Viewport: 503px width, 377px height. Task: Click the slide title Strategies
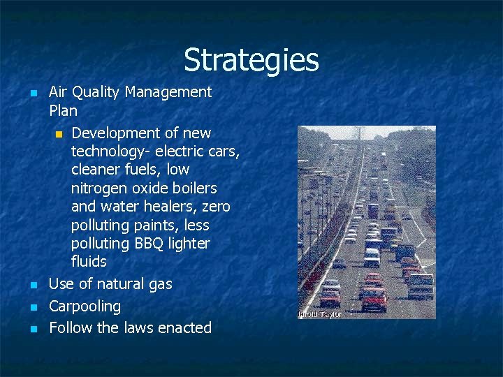[x=251, y=60]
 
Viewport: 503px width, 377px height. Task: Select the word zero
[x=215, y=207]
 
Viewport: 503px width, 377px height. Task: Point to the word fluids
[x=89, y=262]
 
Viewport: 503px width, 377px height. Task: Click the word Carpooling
[x=85, y=306]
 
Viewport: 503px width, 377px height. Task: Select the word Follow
[x=68, y=327]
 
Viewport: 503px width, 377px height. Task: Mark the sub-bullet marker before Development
[x=59, y=133]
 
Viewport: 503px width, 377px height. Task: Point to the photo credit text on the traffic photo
[x=319, y=313]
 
